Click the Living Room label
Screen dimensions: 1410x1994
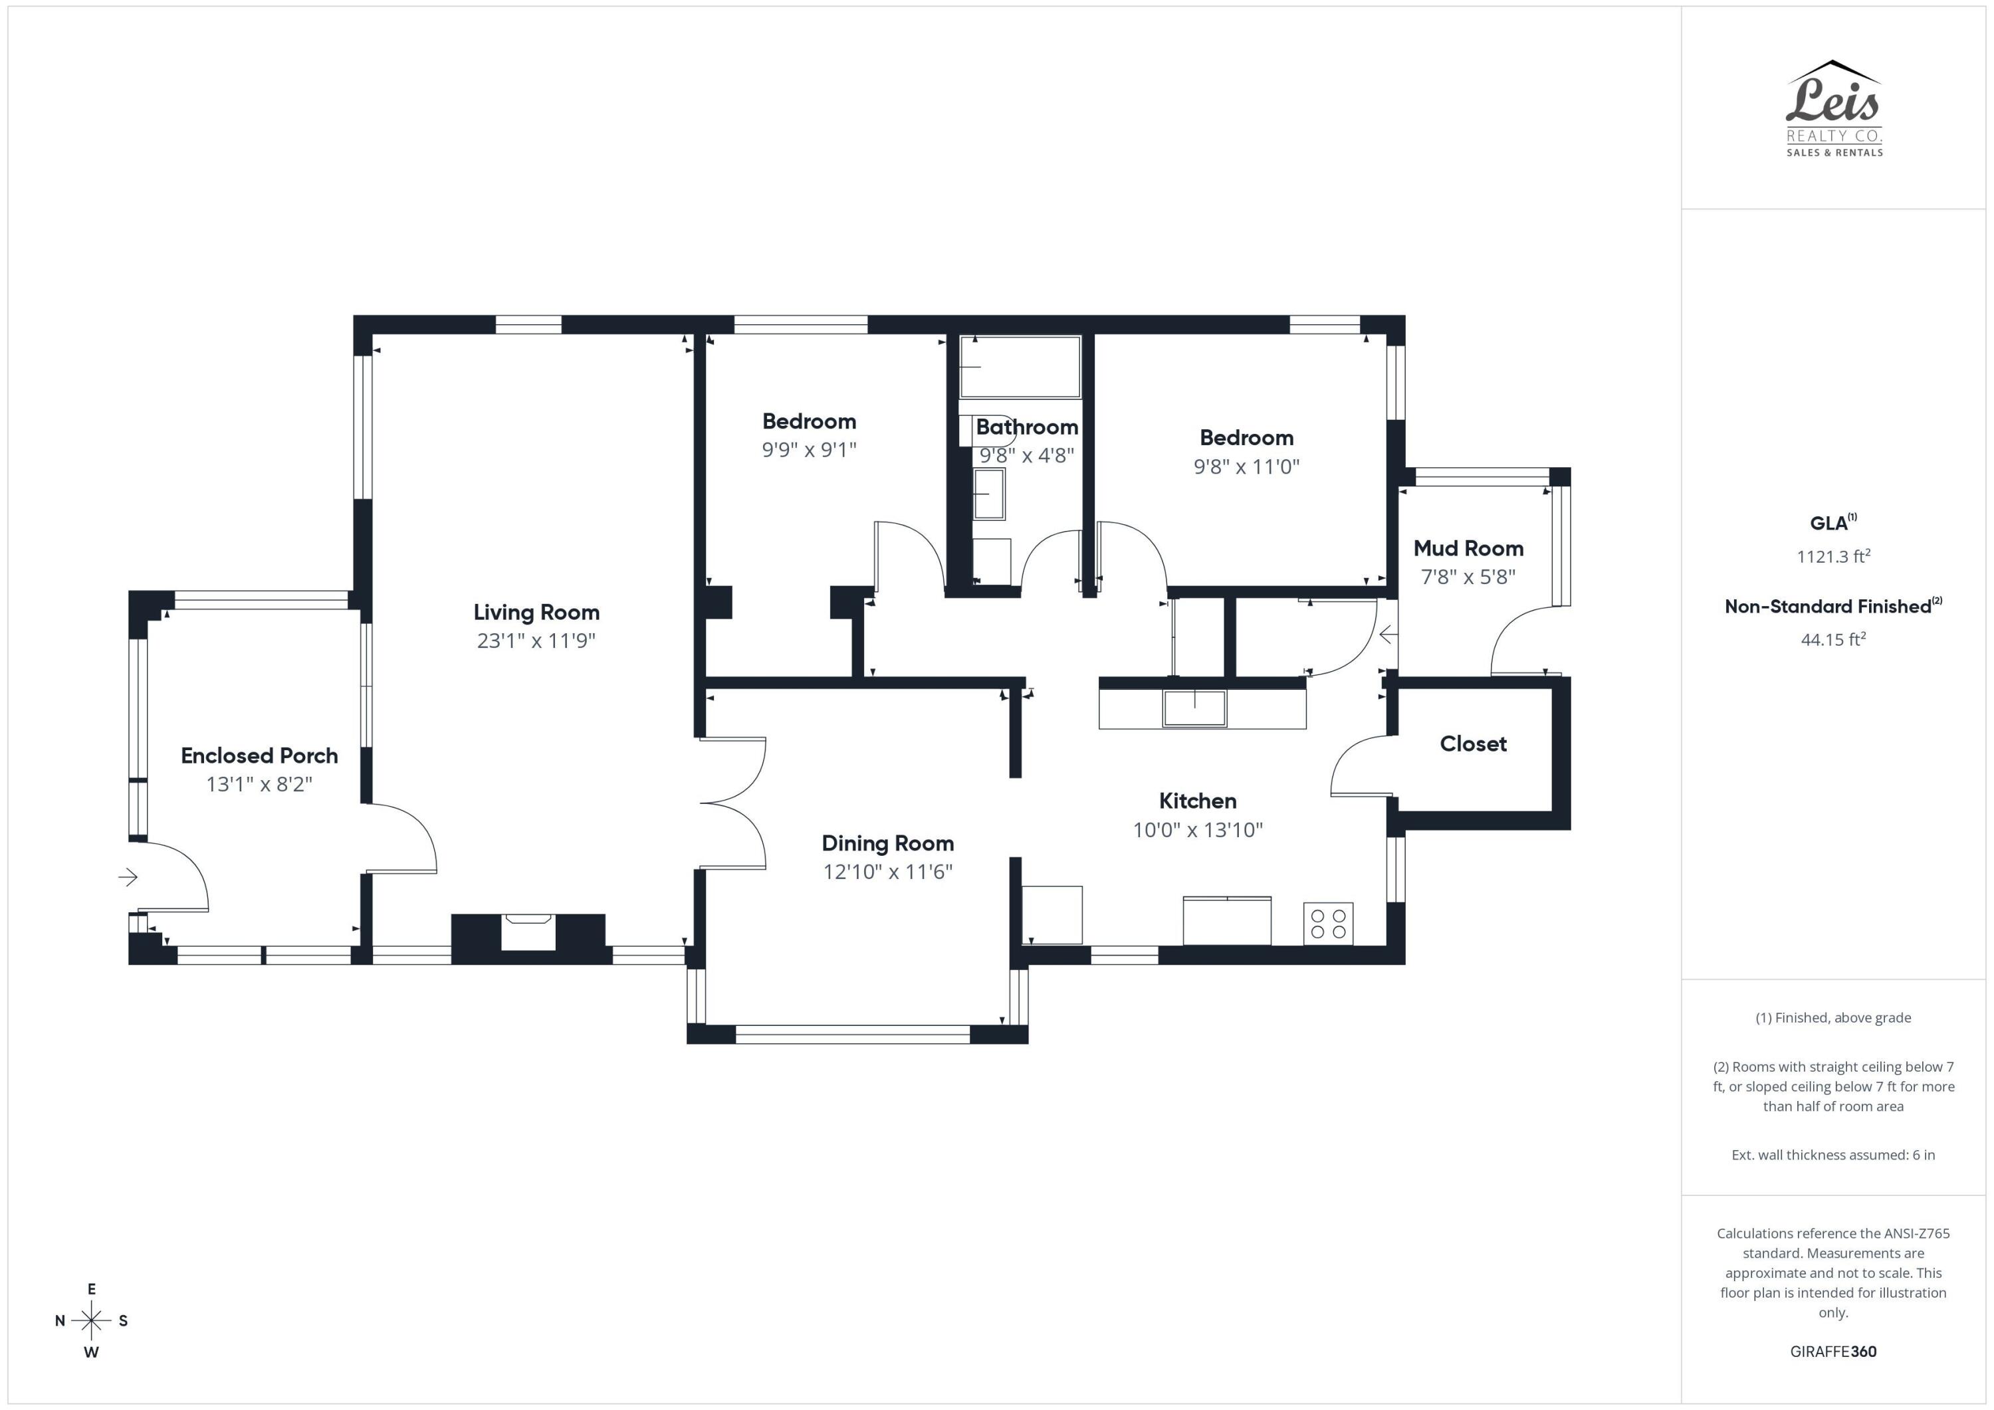(536, 612)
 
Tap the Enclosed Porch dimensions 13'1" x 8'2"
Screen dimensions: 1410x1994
(259, 784)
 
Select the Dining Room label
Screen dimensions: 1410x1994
(887, 843)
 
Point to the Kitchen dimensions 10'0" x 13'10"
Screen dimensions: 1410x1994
(1198, 830)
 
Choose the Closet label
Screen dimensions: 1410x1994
(1473, 744)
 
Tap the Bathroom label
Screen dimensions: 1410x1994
(1026, 427)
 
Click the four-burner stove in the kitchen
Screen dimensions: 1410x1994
(1328, 924)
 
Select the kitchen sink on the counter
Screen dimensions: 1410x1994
(1195, 708)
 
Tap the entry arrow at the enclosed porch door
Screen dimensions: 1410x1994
(128, 877)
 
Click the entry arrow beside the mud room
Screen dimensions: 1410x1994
(1388, 635)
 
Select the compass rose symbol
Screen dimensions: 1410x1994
(91, 1320)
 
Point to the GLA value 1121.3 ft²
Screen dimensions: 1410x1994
(1832, 557)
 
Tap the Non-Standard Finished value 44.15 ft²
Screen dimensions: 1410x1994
(1832, 640)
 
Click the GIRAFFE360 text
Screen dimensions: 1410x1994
(1832, 1351)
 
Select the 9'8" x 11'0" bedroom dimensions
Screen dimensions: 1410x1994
(1246, 467)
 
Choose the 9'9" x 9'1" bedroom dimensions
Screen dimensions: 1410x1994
(808, 450)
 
